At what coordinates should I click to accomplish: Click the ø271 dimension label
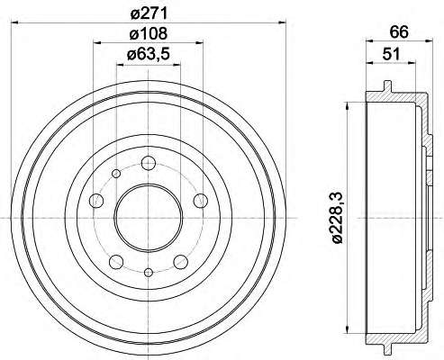coord(148,13)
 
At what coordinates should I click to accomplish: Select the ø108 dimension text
coord(148,33)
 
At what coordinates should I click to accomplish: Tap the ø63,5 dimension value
coord(149,54)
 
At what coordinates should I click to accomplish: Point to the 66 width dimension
coord(399,31)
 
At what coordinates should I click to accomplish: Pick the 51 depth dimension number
coord(391,54)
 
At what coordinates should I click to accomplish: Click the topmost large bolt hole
coord(149,163)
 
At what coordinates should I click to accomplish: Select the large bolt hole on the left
coord(96,200)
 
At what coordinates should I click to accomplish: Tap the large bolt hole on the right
coord(200,201)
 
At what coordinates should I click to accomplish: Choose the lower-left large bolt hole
coord(116,262)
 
